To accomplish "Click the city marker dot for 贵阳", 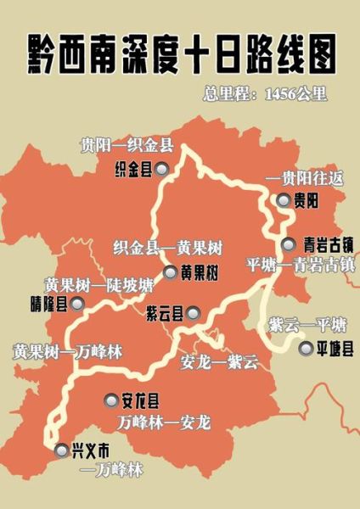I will (x=283, y=201).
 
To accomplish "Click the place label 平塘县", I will (x=335, y=348).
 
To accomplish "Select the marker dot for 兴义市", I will (x=59, y=450).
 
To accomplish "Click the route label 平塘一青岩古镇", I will (x=301, y=263).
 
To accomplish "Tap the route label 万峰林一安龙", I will (x=166, y=421).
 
